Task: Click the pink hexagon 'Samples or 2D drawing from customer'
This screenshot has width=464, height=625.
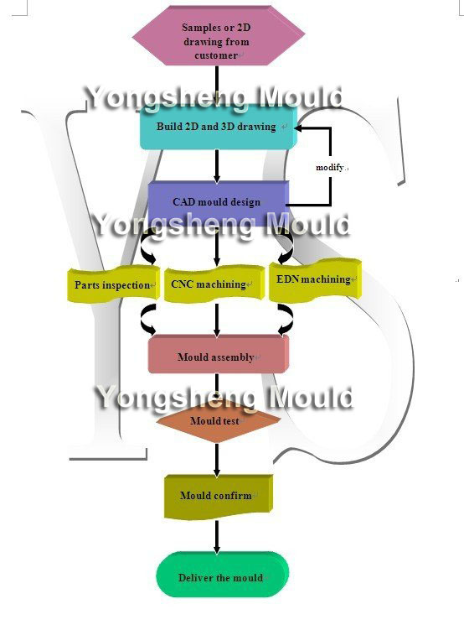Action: (x=219, y=35)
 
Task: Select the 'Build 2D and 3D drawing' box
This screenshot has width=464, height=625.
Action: (x=219, y=128)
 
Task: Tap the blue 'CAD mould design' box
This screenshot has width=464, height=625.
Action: (x=219, y=201)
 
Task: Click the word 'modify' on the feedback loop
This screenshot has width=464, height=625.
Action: (x=329, y=168)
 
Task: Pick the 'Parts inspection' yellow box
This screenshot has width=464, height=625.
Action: (x=113, y=284)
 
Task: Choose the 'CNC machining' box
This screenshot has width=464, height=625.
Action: (x=214, y=284)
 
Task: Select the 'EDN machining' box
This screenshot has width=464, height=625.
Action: (x=315, y=279)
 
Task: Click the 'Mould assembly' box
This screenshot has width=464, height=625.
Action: (x=219, y=355)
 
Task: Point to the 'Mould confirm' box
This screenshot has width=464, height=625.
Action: (x=219, y=497)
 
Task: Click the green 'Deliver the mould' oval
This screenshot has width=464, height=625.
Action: (x=222, y=575)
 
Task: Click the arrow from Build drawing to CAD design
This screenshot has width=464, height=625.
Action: (x=217, y=166)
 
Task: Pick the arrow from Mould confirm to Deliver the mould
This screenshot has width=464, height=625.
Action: (x=217, y=537)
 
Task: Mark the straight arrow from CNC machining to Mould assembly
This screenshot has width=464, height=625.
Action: (x=217, y=320)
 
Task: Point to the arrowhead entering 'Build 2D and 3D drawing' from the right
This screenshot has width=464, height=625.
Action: (x=298, y=128)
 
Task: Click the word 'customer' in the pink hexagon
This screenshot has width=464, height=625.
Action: (x=216, y=55)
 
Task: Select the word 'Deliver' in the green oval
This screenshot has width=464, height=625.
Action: (x=193, y=577)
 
